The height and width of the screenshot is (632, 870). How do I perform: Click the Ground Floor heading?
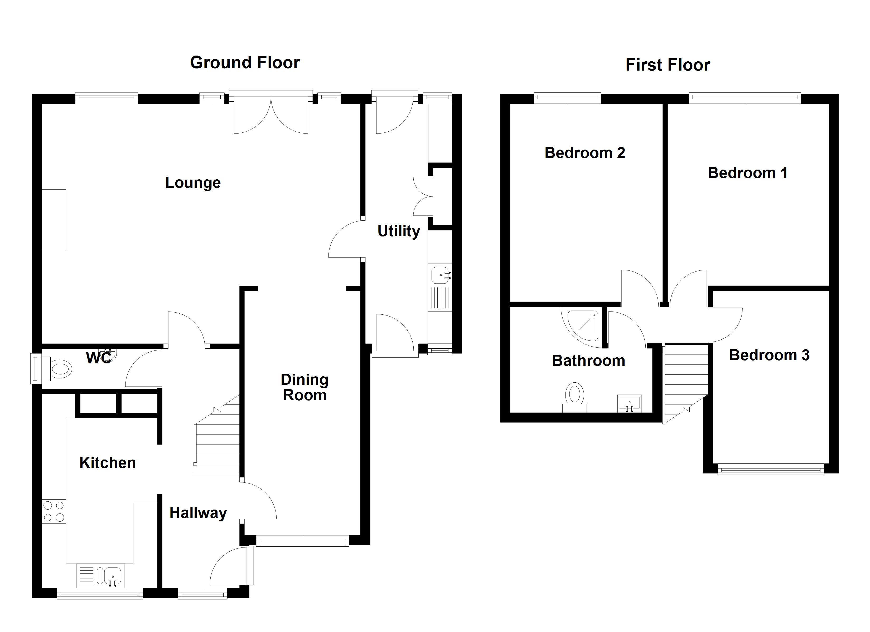(245, 62)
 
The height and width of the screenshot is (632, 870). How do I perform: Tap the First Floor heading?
(668, 65)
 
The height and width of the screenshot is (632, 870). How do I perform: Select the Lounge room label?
(193, 183)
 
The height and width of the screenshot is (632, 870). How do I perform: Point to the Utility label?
(399, 231)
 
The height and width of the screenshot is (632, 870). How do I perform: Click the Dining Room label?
(304, 387)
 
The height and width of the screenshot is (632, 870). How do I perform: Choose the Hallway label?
(198, 513)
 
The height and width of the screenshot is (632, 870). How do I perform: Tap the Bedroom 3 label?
(769, 355)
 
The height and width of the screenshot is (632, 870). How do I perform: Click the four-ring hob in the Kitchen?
(54, 512)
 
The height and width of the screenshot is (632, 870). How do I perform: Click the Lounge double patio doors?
(271, 115)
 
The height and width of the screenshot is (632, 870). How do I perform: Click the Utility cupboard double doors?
(423, 196)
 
